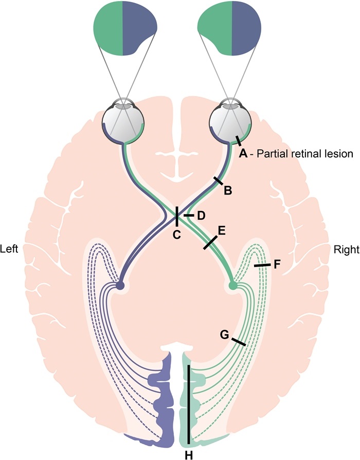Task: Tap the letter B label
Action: [228, 190]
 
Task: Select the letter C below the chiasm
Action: [176, 235]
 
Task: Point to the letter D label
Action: [201, 215]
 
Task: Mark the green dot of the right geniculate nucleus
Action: [233, 285]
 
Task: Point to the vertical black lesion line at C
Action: [176, 216]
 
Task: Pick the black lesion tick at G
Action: [238, 342]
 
